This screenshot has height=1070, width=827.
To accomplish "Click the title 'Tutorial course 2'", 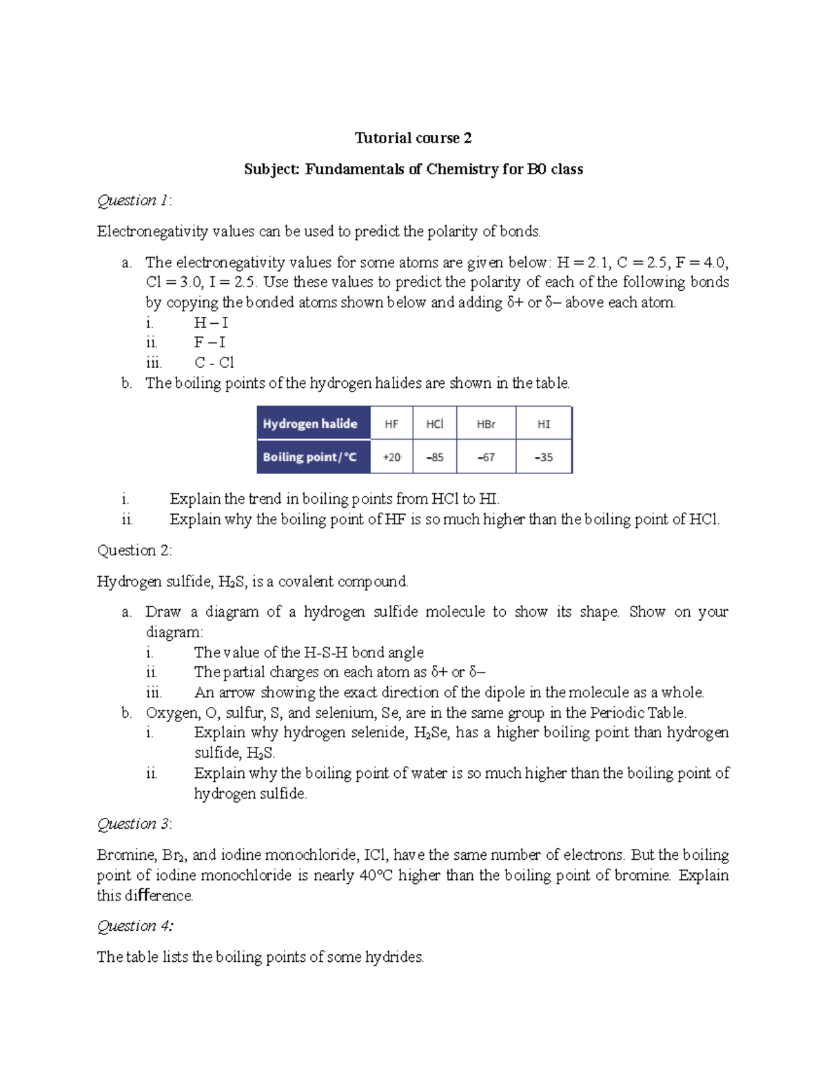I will [x=413, y=138].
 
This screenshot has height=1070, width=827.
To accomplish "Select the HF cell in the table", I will [x=391, y=424].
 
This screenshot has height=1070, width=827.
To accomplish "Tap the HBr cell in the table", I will [x=486, y=424].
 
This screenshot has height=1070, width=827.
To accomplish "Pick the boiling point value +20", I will [x=391, y=457].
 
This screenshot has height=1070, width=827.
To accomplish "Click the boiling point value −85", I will [x=434, y=457].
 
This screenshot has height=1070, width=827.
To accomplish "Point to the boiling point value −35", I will [x=544, y=457].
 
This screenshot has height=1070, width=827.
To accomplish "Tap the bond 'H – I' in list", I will [x=211, y=322].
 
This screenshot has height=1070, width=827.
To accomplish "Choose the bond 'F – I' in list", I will [x=210, y=342].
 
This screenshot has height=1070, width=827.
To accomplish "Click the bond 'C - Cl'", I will [x=214, y=362].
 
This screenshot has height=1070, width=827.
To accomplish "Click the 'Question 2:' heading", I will [x=134, y=551].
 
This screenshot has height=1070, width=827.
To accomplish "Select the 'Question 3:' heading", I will [x=134, y=824].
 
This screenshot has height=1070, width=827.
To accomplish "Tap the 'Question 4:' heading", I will [x=135, y=926].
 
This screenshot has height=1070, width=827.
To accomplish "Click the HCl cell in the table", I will [x=434, y=424].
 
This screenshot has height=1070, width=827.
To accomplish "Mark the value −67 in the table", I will [x=486, y=457].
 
